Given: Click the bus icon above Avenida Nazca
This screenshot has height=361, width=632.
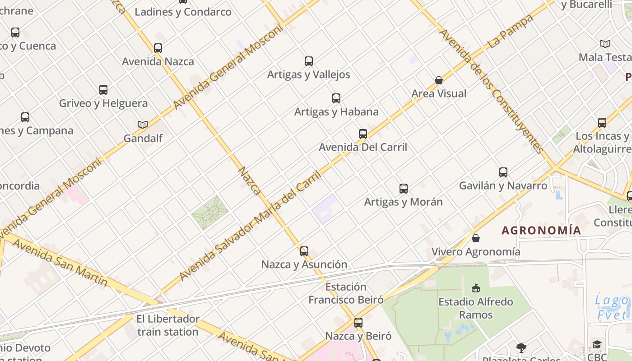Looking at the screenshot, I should click(x=158, y=48).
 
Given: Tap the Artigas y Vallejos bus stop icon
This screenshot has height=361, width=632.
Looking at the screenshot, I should click(x=309, y=61).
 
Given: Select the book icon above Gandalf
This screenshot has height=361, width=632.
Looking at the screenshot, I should click(x=143, y=125).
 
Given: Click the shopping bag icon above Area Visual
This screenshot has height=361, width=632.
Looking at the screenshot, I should click(x=438, y=80).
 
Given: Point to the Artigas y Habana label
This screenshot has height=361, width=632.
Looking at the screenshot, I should click(x=336, y=111).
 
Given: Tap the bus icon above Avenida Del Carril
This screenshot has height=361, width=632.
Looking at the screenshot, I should click(x=363, y=134).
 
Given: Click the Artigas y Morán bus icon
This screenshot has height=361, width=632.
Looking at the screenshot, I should click(x=404, y=189).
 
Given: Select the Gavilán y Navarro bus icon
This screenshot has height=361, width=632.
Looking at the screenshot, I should click(x=503, y=172).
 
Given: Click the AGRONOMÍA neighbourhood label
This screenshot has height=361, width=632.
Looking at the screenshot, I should click(x=541, y=231).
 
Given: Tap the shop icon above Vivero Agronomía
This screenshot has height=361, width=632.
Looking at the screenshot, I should click(x=476, y=238).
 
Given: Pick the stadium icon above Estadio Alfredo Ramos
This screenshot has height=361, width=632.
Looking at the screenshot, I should click(x=476, y=288).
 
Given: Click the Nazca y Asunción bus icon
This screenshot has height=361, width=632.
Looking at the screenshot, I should click(x=304, y=251).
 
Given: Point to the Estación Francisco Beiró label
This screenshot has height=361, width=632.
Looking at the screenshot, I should click(x=346, y=293).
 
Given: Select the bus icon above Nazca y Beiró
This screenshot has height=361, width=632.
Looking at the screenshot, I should click(x=358, y=323).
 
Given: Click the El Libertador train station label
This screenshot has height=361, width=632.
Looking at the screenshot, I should click(x=168, y=325).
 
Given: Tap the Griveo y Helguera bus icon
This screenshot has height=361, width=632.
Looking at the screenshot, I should click(x=103, y=90).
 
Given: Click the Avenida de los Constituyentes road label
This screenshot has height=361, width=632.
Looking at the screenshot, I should click(x=490, y=90).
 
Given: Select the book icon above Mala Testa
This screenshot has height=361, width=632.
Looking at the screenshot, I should click(x=605, y=44).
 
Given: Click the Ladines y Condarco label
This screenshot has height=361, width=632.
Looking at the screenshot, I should click(x=183, y=12).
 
